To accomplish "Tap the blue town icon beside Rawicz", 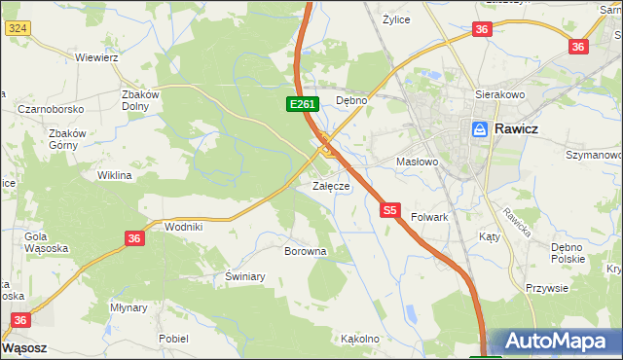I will [479, 127].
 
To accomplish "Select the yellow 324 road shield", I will [17, 28].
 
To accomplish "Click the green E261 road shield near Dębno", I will [300, 103].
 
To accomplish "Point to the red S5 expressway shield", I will [390, 209].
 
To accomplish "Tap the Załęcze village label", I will [331, 185].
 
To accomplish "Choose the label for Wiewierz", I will [96, 56].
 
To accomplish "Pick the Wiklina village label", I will [114, 176].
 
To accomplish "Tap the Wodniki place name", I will [184, 226].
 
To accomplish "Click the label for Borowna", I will [305, 251].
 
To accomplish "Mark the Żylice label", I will [395, 19].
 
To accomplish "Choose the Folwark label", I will [429, 217].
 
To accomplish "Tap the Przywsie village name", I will [546, 287].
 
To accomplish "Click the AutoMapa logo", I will [556, 341].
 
